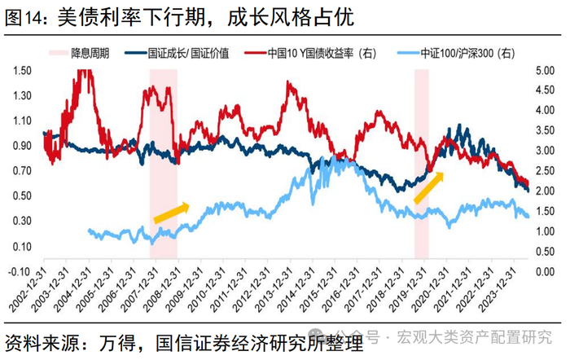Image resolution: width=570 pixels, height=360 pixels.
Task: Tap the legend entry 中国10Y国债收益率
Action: pos(310,54)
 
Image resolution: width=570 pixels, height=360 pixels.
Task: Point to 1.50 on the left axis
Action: pos(22,70)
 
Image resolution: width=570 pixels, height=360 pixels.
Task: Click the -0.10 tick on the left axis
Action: pos(20,272)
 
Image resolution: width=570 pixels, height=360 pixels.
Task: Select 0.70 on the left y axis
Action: pos(22,170)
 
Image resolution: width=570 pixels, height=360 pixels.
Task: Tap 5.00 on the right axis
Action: pos(545,70)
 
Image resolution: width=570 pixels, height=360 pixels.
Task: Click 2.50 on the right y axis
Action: pos(545,171)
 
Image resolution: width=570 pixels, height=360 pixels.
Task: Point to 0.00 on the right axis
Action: pos(545,272)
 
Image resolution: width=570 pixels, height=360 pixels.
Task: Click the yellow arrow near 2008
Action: pos(172,213)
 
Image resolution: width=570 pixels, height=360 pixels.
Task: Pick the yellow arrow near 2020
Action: pos(429,187)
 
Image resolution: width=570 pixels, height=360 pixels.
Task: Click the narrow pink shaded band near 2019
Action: pos(422,164)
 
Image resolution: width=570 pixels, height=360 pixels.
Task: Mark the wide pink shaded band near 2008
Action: pos(164,164)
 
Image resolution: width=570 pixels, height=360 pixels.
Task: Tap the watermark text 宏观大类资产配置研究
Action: pos(475,337)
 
